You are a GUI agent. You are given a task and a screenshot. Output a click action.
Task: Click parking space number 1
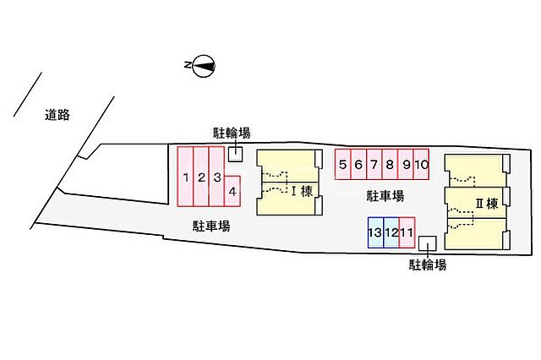[185, 177]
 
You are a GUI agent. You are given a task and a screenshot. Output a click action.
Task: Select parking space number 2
[201, 177]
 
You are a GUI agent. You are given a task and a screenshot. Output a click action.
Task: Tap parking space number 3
[216, 177]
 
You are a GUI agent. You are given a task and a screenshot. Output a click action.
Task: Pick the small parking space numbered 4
[232, 191]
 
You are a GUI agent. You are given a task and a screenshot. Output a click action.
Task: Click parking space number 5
[343, 164]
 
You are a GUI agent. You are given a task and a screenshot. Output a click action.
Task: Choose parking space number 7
[374, 164]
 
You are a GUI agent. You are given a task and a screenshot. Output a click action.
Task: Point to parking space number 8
[390, 164]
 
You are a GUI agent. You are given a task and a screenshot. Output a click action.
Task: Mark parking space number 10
[421, 164]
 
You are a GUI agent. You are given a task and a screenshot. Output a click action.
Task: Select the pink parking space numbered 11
[407, 232]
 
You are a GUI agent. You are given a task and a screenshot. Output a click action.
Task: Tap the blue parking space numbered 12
[391, 232]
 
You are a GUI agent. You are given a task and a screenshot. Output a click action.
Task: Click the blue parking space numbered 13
[375, 232]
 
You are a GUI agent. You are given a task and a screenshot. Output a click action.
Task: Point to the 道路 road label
[57, 115]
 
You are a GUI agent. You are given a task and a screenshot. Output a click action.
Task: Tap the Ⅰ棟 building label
[302, 191]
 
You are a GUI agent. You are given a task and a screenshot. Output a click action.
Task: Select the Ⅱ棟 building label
[487, 204]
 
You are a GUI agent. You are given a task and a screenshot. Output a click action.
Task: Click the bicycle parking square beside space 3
[236, 154]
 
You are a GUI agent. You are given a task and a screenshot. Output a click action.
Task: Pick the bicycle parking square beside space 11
[428, 243]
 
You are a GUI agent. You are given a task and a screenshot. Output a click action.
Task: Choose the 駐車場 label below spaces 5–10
[385, 196]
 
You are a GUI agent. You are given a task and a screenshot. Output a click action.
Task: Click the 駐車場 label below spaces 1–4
[211, 226]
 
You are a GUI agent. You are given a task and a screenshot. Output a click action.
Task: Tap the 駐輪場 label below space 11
[428, 265]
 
